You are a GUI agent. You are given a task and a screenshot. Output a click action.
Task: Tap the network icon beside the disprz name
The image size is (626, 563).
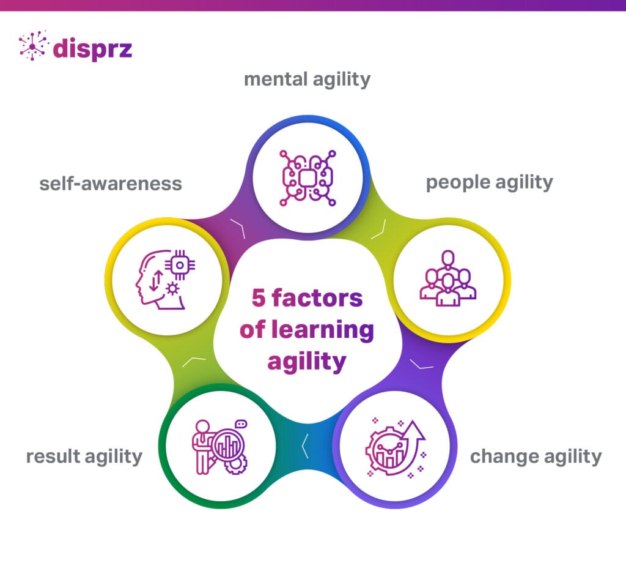33,47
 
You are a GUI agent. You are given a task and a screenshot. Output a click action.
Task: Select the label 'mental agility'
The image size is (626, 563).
307,80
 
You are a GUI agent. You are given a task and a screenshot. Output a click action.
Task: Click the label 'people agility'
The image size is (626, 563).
489,182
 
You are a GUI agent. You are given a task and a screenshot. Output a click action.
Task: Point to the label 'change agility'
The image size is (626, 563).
536,456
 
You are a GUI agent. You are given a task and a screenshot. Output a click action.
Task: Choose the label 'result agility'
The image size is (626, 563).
84,456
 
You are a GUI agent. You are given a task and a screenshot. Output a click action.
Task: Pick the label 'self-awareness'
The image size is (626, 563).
111,183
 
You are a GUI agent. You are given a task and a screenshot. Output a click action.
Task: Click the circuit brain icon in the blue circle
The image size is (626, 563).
307,177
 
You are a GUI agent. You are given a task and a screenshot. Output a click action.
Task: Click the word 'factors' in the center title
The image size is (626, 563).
317,299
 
